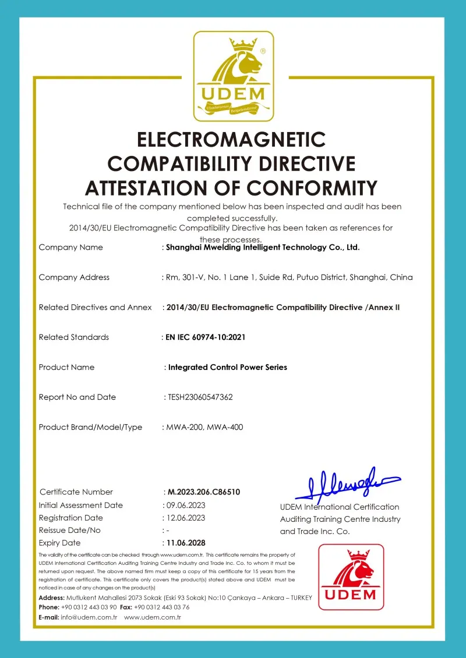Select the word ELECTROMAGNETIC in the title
tap(231, 140)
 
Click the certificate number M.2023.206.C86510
tap(204, 492)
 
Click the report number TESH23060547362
tap(200, 397)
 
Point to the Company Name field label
tap(70, 247)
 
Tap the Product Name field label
tap(66, 367)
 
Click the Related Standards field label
tap(73, 337)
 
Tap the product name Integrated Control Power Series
tap(227, 367)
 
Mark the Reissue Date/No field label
tap(69, 530)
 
